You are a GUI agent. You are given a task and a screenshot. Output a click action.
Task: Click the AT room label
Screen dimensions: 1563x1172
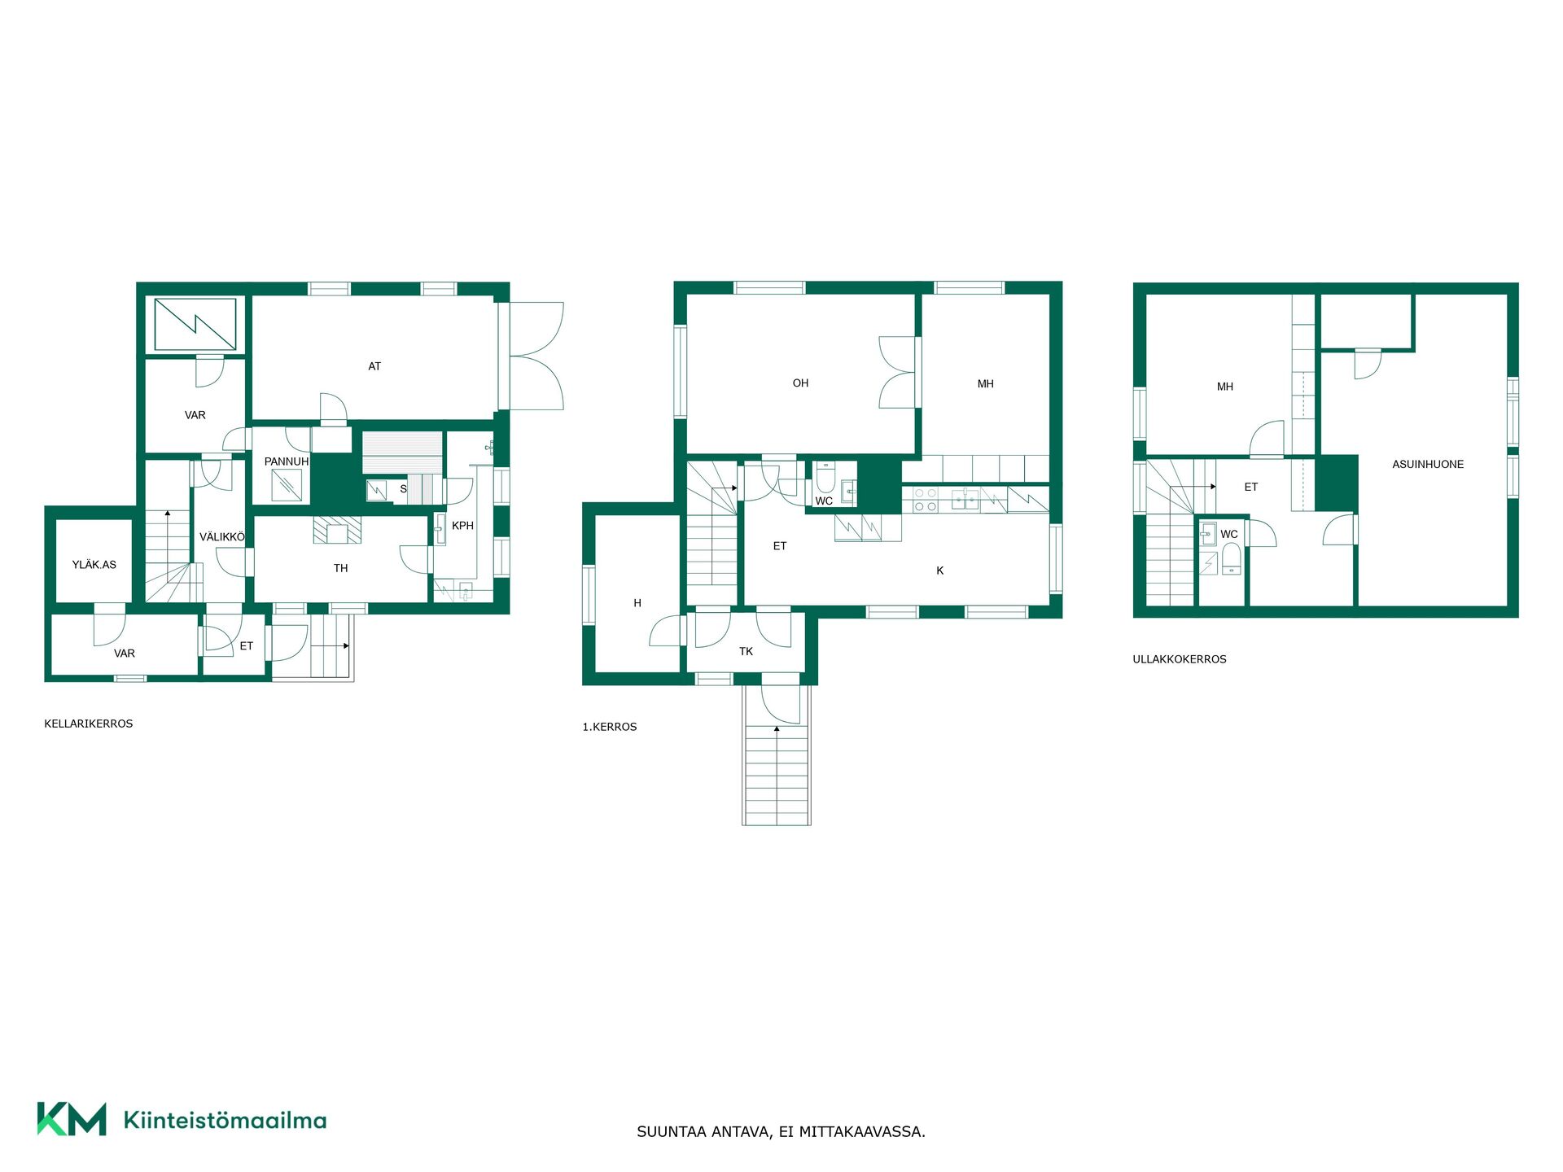coord(374,366)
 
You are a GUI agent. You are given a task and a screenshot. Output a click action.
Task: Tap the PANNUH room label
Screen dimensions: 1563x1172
coord(287,461)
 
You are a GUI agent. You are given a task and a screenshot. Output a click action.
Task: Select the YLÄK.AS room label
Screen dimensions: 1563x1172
coord(94,564)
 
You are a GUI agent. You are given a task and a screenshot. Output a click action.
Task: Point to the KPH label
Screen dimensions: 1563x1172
coord(462,526)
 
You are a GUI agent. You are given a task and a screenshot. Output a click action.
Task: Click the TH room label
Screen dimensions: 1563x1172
coord(341,568)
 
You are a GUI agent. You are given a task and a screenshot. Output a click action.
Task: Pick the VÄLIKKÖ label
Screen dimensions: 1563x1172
coord(222,537)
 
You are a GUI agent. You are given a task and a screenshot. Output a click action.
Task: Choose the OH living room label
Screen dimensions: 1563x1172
coord(801,383)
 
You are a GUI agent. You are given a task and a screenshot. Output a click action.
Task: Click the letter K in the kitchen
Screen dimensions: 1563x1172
coord(940,571)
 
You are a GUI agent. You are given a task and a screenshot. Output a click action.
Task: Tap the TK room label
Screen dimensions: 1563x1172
coord(746,651)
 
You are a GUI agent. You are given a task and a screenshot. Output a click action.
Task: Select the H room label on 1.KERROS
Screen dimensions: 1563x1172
coord(637,603)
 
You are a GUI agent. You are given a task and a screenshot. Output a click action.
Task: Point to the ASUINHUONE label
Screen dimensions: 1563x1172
coord(1428,464)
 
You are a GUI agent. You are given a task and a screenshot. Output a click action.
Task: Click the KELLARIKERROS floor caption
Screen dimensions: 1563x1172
coord(89,724)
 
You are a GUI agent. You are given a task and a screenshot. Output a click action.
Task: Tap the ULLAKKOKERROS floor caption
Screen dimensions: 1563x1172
coord(1180,659)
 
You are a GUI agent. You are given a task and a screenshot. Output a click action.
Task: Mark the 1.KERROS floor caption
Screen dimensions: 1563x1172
coord(610,727)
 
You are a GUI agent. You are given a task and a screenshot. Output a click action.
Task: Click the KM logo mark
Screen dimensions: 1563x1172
coord(72,1119)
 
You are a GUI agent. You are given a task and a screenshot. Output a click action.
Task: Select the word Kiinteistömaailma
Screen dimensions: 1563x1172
coord(225,1120)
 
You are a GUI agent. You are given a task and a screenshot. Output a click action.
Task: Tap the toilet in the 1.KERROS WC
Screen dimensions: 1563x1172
coord(825,477)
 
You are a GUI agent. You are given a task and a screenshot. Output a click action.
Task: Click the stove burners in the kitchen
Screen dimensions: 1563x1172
coord(926,499)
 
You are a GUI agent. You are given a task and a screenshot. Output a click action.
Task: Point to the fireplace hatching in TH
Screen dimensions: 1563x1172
coord(337,529)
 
